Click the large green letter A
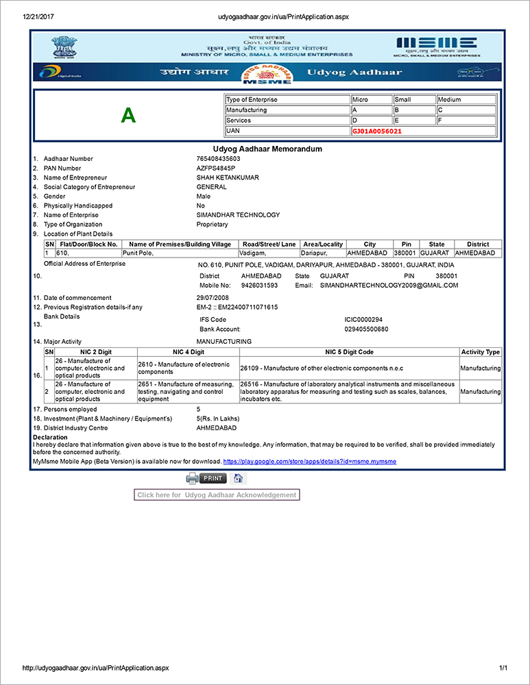[x=128, y=116]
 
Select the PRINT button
[x=213, y=478]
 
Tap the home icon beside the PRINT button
[x=238, y=478]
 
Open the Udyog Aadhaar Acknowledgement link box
[x=217, y=495]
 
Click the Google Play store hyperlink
[x=309, y=462]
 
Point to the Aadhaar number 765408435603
[x=218, y=159]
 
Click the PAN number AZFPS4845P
[x=215, y=169]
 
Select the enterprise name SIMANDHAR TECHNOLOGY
[x=238, y=215]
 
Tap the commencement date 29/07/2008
[x=213, y=298]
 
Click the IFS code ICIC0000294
[x=363, y=320]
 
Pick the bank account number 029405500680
[x=366, y=329]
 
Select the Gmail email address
[x=389, y=286]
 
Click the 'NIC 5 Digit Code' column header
[x=349, y=352]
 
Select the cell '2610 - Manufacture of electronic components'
[x=187, y=369]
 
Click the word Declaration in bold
[x=50, y=437]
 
